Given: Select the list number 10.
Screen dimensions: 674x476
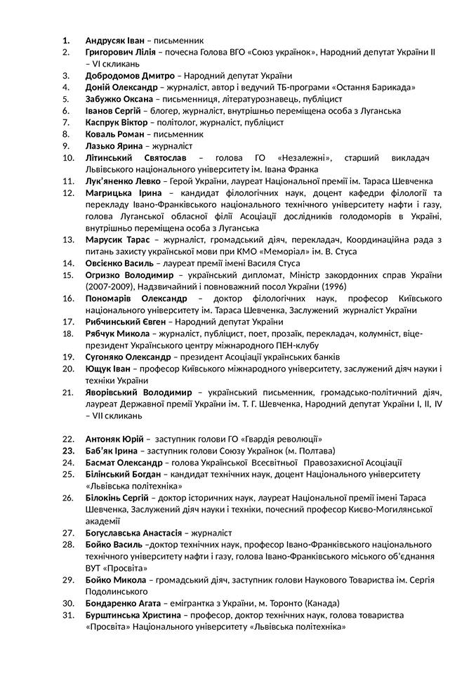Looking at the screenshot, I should coord(69,157).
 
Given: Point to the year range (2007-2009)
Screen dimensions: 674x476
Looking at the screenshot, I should coord(110,286).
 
